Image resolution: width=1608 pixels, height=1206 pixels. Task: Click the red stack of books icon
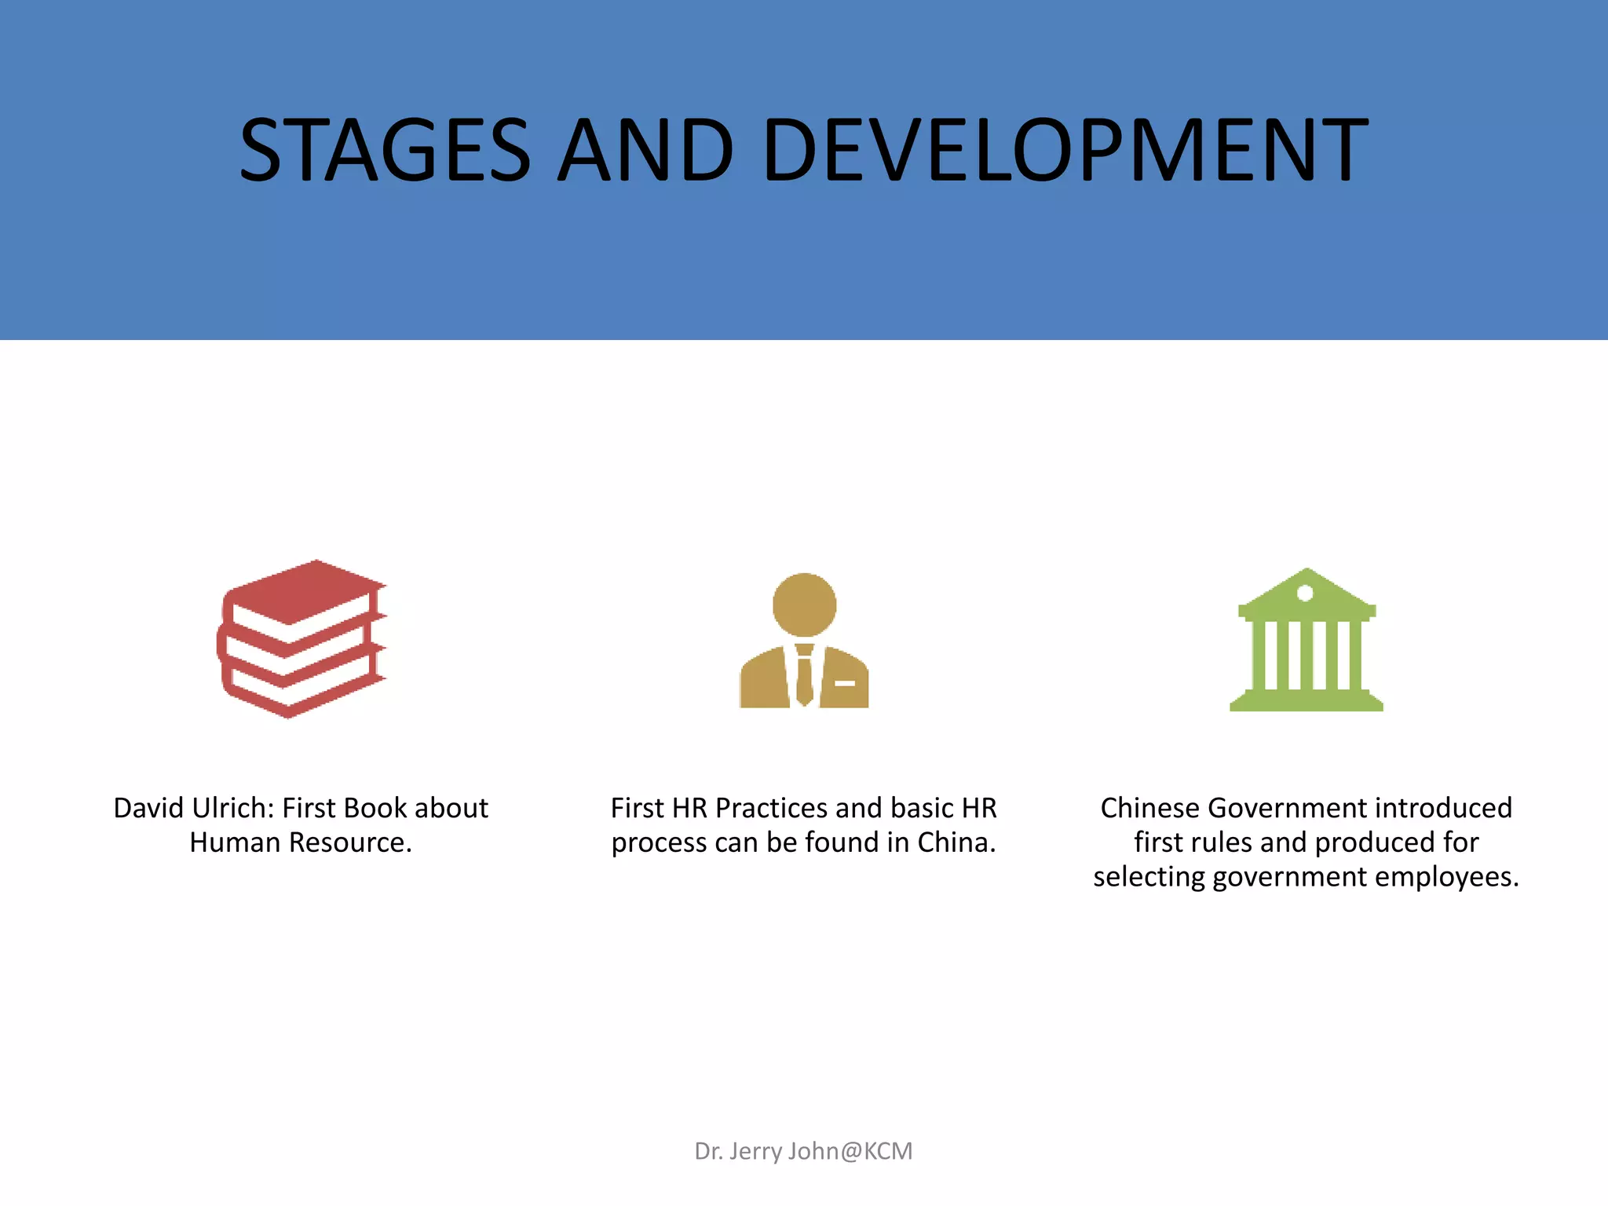click(301, 638)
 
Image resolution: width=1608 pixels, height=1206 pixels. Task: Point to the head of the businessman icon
click(804, 605)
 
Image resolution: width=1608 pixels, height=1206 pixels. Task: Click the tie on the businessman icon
click(804, 675)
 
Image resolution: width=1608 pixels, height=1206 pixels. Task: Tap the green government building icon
click(1306, 640)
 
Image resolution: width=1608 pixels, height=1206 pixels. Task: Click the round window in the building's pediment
click(1305, 593)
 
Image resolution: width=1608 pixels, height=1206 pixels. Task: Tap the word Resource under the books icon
click(350, 842)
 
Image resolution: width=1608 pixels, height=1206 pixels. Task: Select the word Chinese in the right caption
click(1149, 808)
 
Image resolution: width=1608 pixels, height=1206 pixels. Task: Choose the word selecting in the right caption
click(1149, 877)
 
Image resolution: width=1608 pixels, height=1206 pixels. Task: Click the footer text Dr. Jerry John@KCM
click(803, 1151)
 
